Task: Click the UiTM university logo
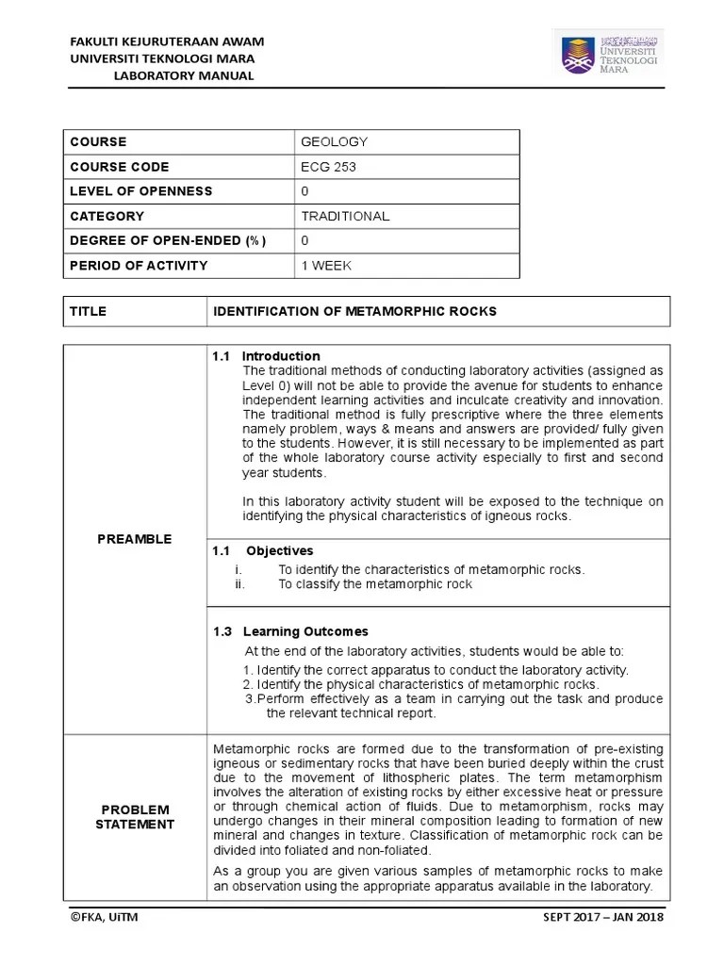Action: (609, 55)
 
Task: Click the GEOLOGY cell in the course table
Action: (334, 142)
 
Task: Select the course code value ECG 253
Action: (329, 167)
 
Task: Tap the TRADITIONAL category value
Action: (345, 216)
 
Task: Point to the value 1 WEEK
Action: (326, 266)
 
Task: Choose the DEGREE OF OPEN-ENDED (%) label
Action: (168, 241)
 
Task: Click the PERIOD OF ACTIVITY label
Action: (139, 266)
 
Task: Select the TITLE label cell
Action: (88, 311)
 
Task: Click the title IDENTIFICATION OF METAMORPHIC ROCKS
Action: (354, 311)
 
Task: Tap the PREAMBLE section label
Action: (135, 539)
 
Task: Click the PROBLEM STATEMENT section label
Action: (135, 817)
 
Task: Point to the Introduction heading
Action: (280, 356)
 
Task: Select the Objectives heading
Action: (279, 550)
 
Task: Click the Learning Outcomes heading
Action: (304, 631)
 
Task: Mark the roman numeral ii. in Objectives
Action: (239, 584)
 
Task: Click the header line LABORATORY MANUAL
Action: (184, 75)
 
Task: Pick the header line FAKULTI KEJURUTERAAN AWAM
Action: (168, 41)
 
